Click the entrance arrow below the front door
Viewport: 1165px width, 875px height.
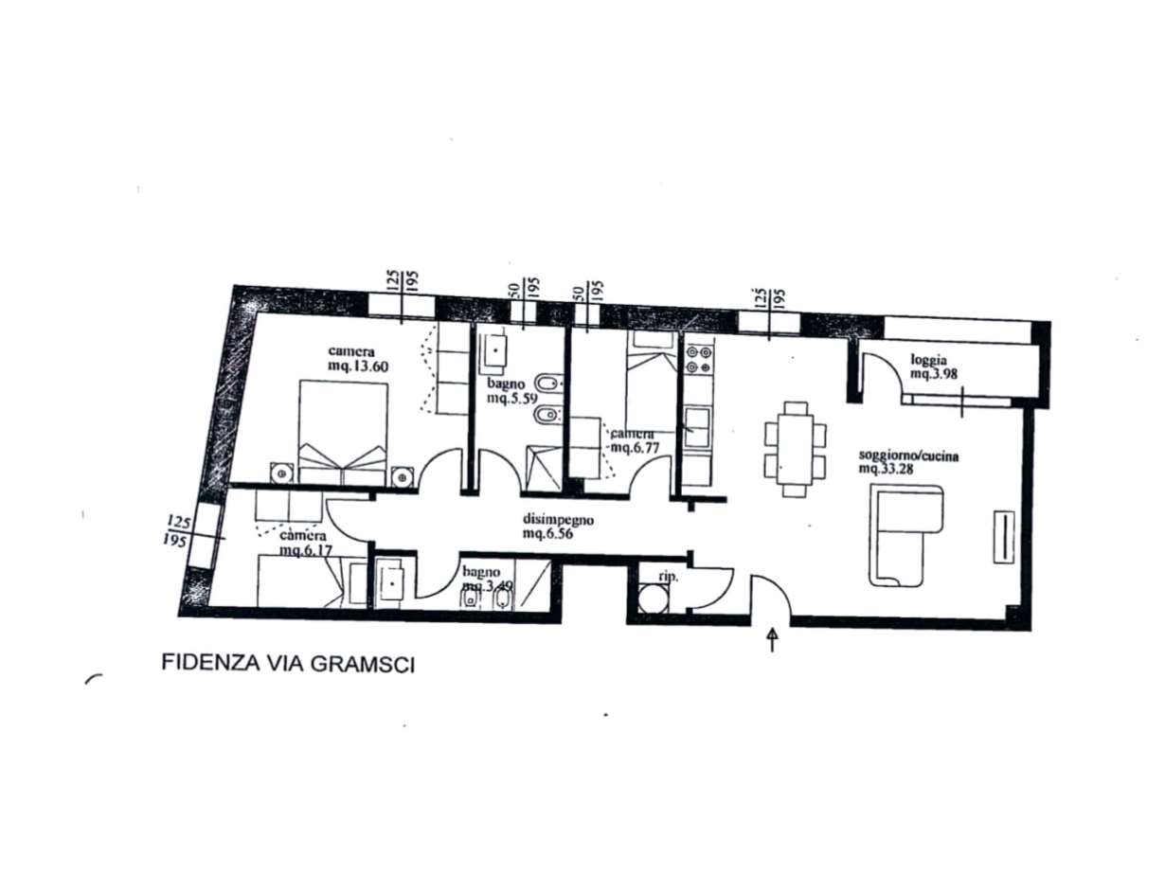click(x=772, y=639)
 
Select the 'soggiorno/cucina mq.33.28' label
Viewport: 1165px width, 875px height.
click(x=908, y=461)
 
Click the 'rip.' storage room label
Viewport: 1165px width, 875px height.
click(x=654, y=575)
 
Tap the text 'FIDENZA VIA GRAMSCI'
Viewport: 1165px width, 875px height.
click(x=289, y=662)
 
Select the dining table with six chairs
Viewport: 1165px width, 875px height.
click(x=794, y=449)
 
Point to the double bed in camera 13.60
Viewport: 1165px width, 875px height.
click(x=342, y=431)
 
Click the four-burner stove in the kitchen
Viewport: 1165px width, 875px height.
click(x=699, y=359)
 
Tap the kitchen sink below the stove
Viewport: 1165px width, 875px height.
click(x=699, y=426)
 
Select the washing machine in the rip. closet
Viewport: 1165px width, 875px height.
click(x=652, y=598)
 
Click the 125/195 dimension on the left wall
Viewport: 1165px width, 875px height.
click(x=176, y=530)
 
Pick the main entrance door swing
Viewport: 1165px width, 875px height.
click(x=769, y=595)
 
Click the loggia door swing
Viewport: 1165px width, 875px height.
click(x=881, y=371)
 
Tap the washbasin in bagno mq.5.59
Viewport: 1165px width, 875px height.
click(x=494, y=351)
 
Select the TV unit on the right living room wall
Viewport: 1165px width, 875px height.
click(x=1003, y=537)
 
